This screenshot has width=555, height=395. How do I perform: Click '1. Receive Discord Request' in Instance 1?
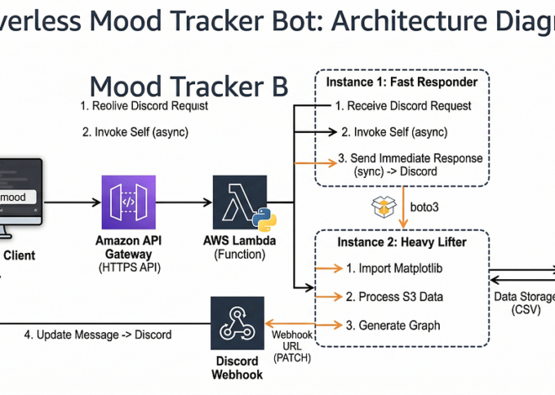tap(403, 106)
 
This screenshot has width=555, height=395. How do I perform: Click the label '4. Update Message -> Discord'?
tap(98, 334)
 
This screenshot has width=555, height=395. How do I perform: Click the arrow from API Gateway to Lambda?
tap(184, 203)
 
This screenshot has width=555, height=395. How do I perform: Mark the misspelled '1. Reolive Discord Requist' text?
tap(144, 106)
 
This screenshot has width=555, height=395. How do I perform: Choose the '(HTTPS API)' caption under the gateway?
tap(129, 267)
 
